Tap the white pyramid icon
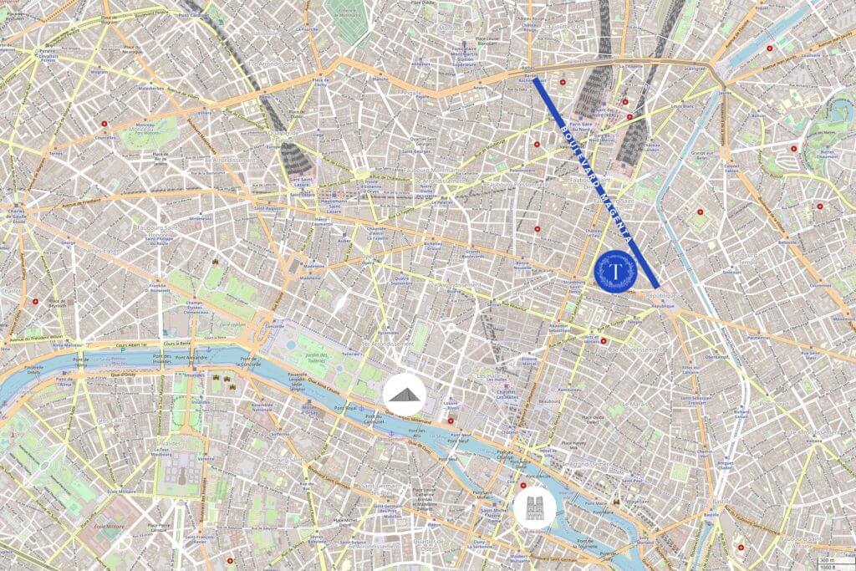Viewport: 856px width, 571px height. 405,392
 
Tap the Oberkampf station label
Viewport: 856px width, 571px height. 712,357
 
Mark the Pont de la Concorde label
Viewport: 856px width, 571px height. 248,361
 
